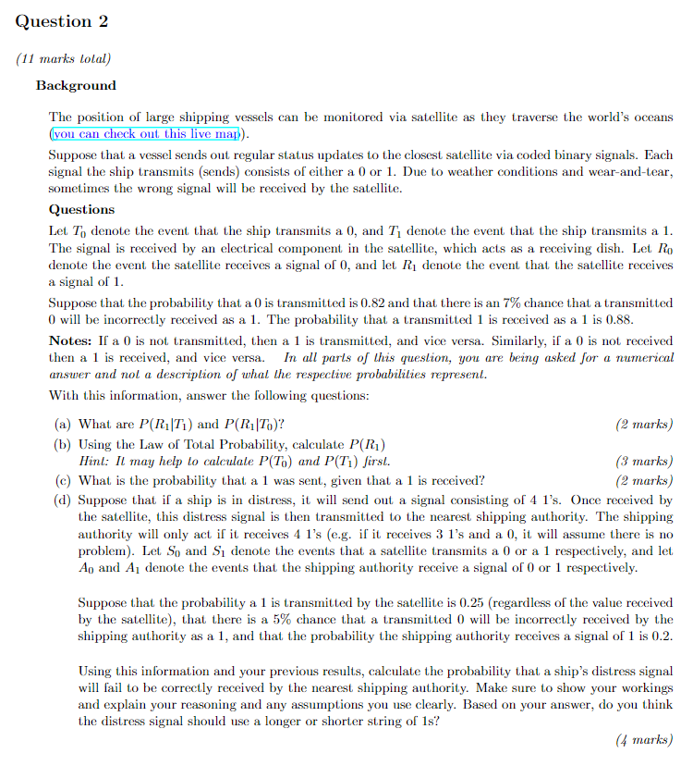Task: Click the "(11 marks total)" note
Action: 63,58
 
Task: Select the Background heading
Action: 76,85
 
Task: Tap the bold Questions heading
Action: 81,209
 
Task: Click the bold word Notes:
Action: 69,340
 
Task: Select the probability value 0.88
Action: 618,319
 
